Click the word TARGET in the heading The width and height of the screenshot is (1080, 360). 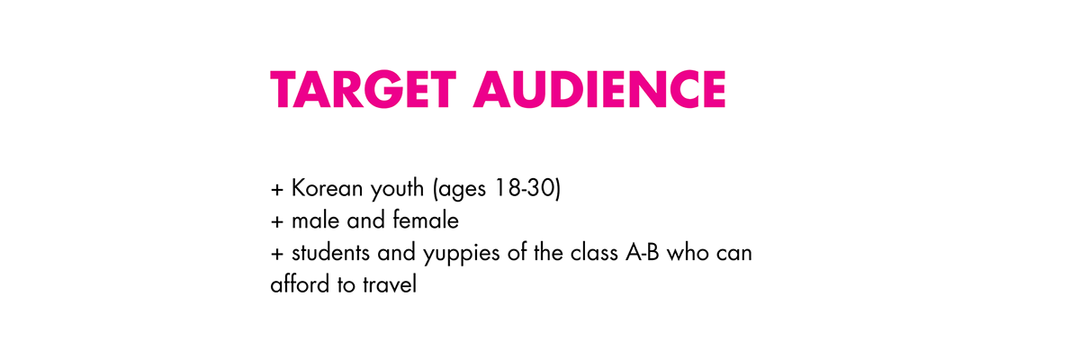coord(363,90)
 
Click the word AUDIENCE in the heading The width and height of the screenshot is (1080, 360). coord(599,90)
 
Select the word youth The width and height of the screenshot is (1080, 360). coord(397,189)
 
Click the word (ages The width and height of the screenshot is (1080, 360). coord(460,189)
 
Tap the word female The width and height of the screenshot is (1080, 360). coord(426,220)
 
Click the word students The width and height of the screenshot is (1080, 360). coord(330,253)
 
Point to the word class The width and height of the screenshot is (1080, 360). coord(594,253)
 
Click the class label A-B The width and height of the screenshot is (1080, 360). coord(643,253)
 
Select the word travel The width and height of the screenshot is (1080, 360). coord(390,283)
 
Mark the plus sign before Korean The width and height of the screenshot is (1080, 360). coord(277,189)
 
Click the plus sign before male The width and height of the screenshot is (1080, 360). coord(277,221)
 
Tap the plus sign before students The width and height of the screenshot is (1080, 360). coord(277,254)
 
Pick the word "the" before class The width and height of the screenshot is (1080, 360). coord(548,253)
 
